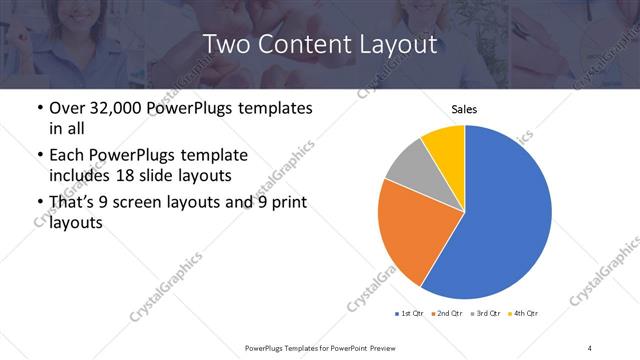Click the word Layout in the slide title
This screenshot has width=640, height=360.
click(397, 44)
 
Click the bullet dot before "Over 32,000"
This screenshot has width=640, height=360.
click(38, 108)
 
